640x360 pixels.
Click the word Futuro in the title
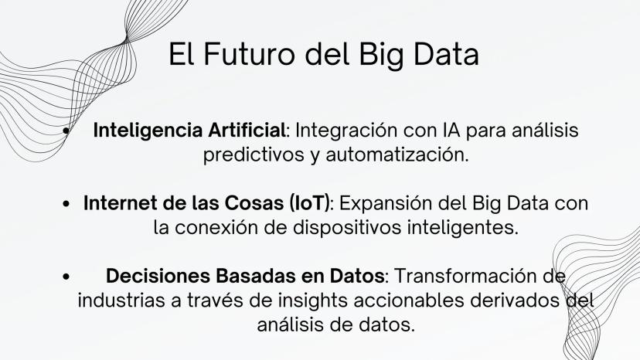tap(249, 54)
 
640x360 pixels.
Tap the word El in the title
tap(182, 54)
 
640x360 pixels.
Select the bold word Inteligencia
tap(148, 131)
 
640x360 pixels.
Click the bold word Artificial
tap(247, 131)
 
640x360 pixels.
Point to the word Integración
tap(346, 131)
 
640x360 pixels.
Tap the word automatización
tap(397, 155)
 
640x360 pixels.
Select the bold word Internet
tap(121, 203)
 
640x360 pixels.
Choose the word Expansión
tap(385, 204)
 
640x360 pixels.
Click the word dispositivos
tap(347, 228)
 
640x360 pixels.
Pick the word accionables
tap(409, 301)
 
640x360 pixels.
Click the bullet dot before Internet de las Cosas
tap(66, 204)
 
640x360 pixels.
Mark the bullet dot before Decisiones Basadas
tap(66, 277)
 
